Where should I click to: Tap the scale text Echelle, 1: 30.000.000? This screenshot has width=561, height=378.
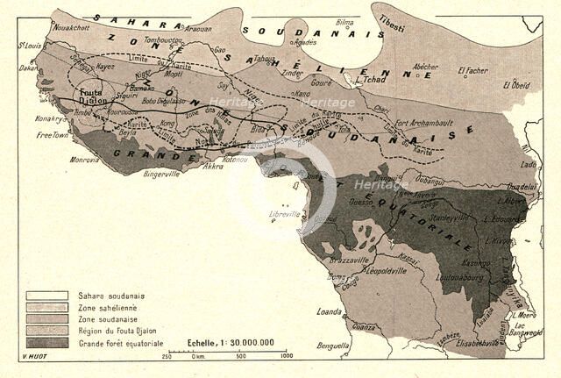[x=230, y=343]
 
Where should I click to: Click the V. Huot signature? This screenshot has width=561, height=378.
[x=30, y=358]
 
